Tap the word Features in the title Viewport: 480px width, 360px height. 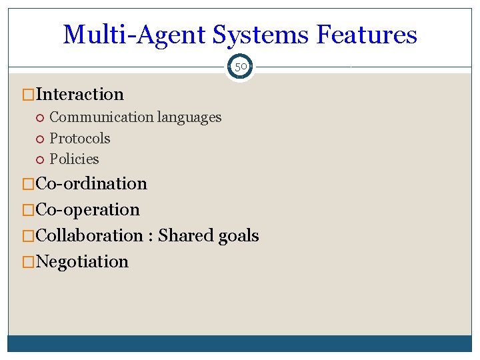tap(367, 35)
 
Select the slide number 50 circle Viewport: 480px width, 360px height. tap(240, 67)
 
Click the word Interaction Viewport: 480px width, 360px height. tap(79, 94)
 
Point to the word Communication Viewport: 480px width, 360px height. tap(101, 117)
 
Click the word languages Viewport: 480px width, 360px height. tap(189, 117)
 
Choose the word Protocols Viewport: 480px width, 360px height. tap(80, 139)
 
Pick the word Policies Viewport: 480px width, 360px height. tap(74, 159)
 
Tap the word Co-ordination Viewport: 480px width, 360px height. tap(91, 183)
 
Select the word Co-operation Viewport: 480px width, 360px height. tap(87, 209)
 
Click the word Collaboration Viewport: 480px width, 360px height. tap(89, 235)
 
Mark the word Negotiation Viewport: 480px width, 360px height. tap(82, 261)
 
